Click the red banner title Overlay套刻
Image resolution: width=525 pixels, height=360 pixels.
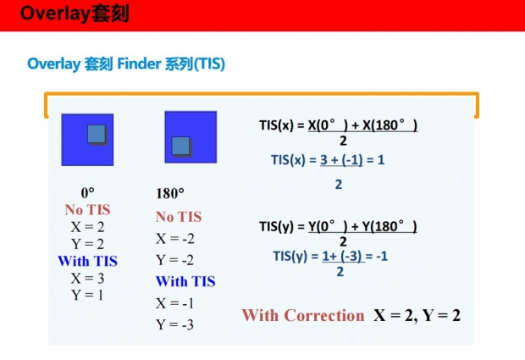[x=75, y=14]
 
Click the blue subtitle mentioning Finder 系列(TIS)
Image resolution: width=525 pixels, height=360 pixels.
[x=126, y=64]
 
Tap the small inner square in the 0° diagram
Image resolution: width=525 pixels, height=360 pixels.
[x=97, y=134]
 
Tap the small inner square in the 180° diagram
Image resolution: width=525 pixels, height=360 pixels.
[x=181, y=146]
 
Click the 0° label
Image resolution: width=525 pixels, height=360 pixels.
[x=87, y=193]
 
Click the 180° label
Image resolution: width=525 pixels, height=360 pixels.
[x=170, y=193]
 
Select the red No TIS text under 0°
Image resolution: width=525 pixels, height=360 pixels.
[x=88, y=210]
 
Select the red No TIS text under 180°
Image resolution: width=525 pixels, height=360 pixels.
[x=179, y=217]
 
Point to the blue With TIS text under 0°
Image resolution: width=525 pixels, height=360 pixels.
[x=88, y=261]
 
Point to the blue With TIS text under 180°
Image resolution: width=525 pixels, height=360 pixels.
[x=185, y=281]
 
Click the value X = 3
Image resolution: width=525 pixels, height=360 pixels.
[x=87, y=278]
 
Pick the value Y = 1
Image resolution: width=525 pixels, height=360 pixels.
[x=87, y=295]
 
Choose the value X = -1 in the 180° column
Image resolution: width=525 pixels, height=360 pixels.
[x=174, y=303]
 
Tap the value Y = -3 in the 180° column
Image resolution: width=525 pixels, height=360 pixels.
[x=174, y=324]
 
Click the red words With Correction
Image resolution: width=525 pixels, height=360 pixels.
[x=303, y=315]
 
